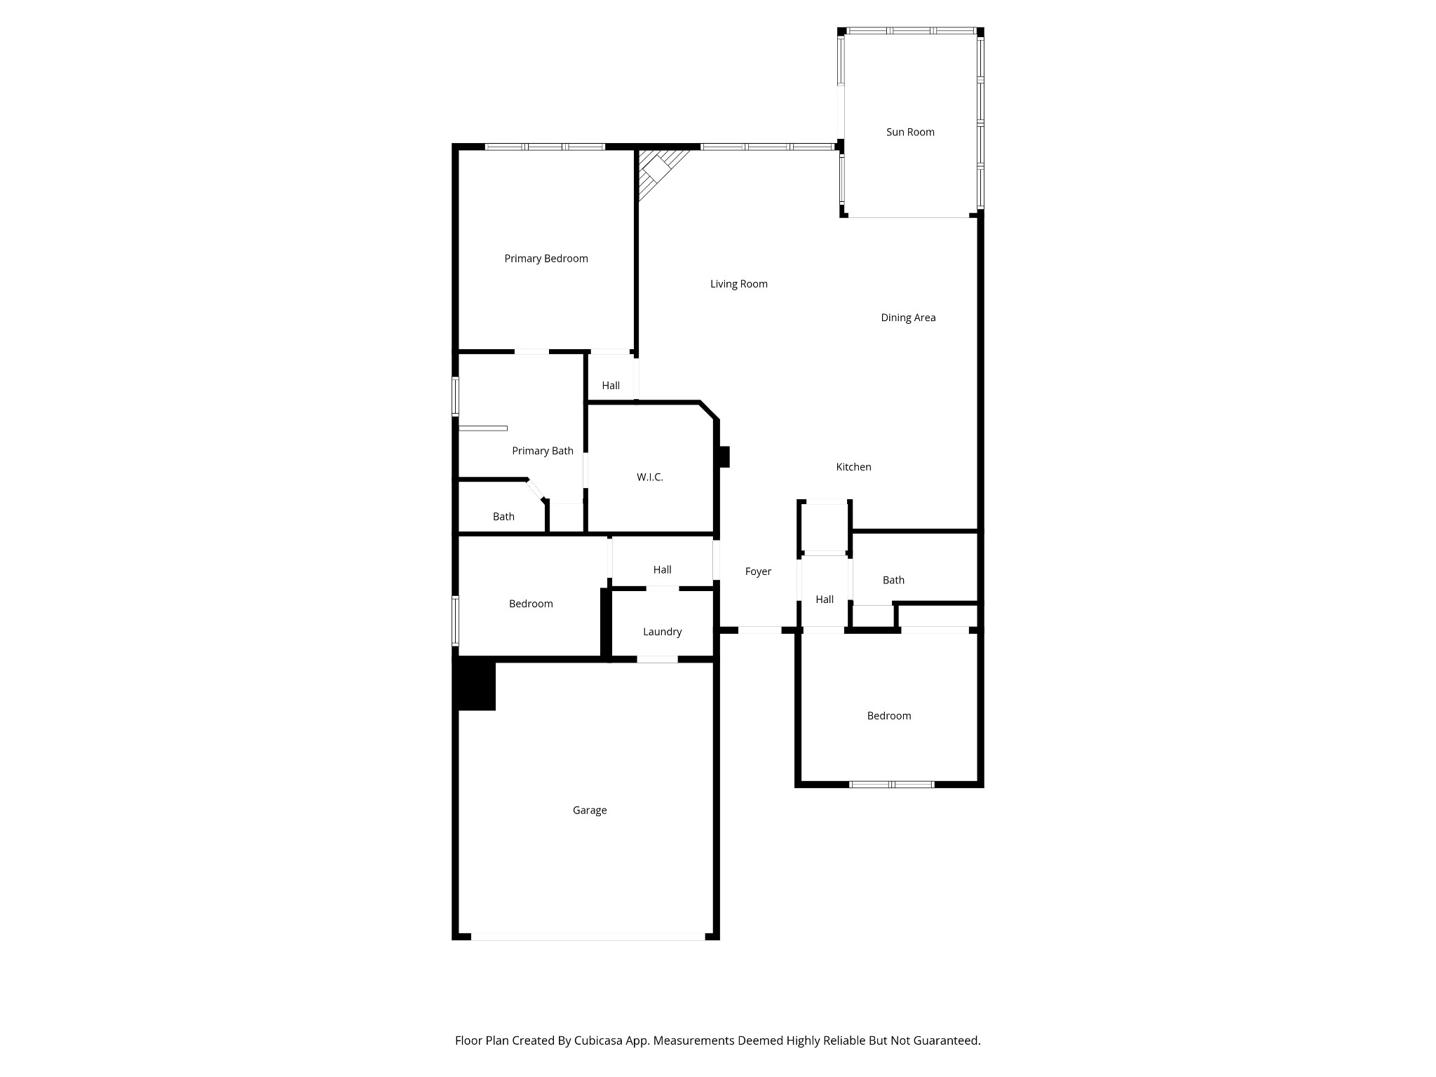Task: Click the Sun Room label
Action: tap(910, 132)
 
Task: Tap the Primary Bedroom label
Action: tap(546, 259)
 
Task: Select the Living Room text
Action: tap(739, 284)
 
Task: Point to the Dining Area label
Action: tap(908, 318)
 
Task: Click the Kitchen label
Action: tap(853, 467)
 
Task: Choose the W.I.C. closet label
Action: tap(650, 477)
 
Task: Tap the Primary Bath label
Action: tap(543, 451)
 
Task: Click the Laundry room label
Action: tap(662, 632)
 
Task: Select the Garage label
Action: tap(590, 811)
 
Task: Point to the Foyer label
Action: tap(758, 571)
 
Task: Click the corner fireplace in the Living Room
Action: tap(658, 168)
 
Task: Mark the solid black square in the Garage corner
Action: tap(475, 684)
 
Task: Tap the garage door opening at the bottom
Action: tap(588, 936)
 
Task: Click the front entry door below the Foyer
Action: tap(759, 630)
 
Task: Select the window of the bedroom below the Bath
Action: tap(891, 784)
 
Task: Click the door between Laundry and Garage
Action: tap(657, 659)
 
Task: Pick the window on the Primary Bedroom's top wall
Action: tap(545, 147)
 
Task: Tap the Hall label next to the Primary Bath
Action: tap(611, 386)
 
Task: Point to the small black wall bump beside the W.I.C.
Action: tap(723, 456)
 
